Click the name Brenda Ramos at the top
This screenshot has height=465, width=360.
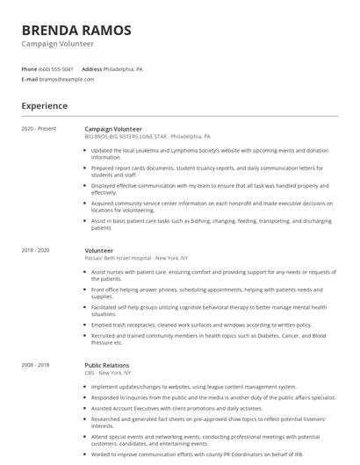tap(76, 30)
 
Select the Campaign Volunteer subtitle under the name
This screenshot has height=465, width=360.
tap(59, 44)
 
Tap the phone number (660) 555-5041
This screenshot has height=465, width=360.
tap(56, 68)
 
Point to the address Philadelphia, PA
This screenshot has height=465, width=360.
tap(123, 68)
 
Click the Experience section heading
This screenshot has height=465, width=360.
tap(45, 106)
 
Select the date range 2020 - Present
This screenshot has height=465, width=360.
tap(39, 129)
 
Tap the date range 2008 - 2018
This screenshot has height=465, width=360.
tap(36, 364)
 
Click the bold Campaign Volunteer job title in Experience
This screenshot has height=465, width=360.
tap(113, 129)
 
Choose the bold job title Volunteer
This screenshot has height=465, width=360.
tap(98, 250)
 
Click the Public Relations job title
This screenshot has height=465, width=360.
tap(106, 364)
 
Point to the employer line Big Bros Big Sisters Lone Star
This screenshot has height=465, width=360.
tap(147, 137)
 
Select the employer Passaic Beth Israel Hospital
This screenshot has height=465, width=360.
tap(136, 258)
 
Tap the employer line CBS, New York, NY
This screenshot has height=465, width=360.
tap(110, 372)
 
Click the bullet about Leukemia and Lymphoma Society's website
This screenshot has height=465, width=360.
tap(210, 153)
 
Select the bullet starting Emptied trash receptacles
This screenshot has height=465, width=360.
tap(201, 325)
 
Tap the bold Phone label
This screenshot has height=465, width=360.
tap(30, 68)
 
